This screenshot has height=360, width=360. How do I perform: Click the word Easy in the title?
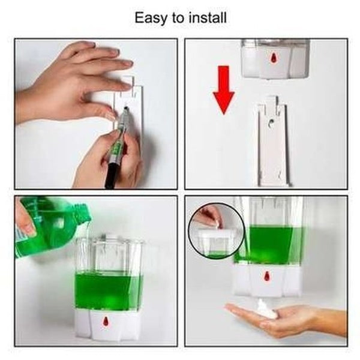[151, 18]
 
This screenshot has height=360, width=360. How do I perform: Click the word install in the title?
[206, 18]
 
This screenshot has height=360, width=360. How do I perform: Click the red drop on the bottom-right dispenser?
[268, 278]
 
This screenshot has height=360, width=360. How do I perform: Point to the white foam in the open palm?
[266, 310]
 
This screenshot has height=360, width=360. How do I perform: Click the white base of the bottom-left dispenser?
[108, 324]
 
